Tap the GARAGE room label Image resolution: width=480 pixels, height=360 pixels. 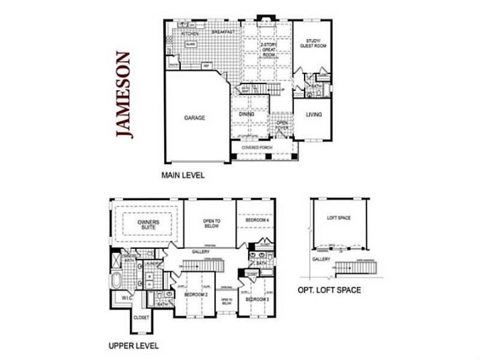click(194, 117)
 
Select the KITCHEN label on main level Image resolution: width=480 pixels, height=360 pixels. click(189, 32)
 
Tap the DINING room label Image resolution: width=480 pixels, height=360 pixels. click(247, 114)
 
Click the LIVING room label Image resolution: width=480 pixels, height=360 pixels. click(314, 114)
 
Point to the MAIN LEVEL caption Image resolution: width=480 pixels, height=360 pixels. click(182, 175)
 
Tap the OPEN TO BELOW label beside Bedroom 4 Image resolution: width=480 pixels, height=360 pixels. click(212, 224)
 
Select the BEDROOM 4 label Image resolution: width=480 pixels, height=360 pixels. click(256, 220)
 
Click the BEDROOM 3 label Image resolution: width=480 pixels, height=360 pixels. click(256, 299)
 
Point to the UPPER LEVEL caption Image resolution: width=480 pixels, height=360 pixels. click(133, 346)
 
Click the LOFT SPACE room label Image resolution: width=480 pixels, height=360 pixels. click(339, 218)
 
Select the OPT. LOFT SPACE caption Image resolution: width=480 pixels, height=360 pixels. click(329, 290)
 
